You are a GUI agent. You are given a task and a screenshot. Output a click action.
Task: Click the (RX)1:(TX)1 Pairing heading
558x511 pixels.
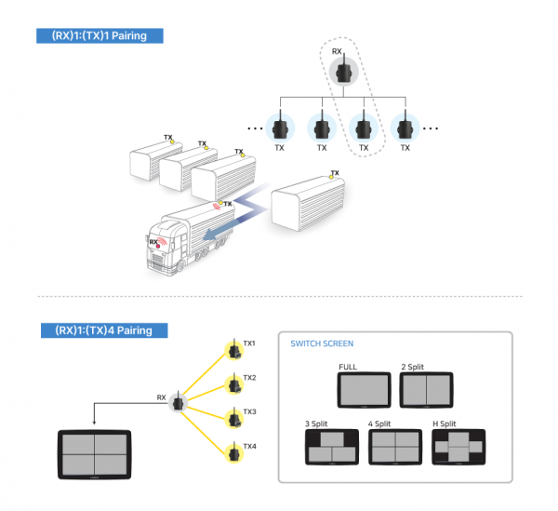tap(100, 35)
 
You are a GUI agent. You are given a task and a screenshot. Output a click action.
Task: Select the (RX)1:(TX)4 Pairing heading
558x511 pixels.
tap(104, 330)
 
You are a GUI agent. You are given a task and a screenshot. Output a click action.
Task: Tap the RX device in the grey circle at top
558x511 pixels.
tap(343, 72)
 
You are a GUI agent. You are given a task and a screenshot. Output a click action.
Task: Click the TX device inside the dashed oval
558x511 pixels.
tap(364, 128)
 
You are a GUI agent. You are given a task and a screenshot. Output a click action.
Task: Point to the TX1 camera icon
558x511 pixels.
tap(234, 350)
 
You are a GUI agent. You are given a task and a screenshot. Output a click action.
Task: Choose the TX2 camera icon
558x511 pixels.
tap(234, 383)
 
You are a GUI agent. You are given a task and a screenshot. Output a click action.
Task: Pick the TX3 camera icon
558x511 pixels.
tap(234, 418)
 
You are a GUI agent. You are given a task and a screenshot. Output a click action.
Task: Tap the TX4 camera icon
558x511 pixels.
tap(234, 452)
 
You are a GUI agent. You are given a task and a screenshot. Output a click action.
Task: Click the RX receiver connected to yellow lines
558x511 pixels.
tap(178, 402)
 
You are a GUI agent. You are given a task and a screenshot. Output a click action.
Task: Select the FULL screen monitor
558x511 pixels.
tap(364, 390)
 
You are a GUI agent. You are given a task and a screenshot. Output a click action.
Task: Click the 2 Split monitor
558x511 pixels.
tap(426, 390)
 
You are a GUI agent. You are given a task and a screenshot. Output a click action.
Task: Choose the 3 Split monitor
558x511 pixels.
tap(332, 447)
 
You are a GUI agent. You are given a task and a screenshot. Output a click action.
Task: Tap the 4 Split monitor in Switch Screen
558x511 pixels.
tap(395, 447)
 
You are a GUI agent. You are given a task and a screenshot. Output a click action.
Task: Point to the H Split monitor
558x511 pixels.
tap(458, 447)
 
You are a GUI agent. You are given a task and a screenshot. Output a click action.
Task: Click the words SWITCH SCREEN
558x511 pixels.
tap(322, 343)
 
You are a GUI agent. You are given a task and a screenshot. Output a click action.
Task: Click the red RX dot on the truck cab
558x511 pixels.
tap(158, 246)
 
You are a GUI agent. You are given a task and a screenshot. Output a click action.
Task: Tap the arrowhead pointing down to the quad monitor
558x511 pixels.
tap(94, 423)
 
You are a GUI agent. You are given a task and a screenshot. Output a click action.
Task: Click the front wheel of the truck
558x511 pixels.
tap(180, 265)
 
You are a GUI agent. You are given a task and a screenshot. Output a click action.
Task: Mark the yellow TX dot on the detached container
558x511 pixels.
tap(331, 177)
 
